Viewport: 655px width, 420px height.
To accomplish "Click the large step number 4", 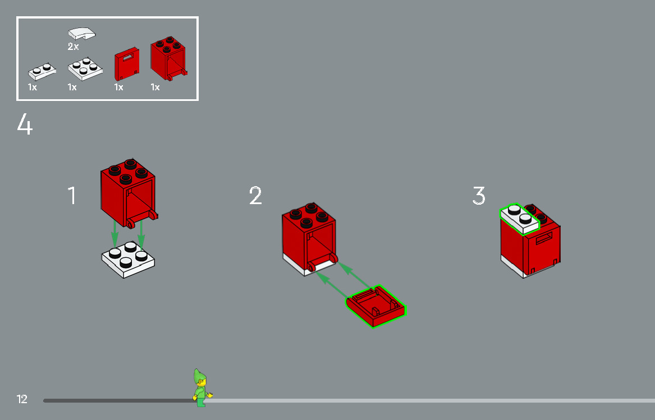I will pos(25,124).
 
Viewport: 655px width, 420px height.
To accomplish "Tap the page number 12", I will pos(22,399).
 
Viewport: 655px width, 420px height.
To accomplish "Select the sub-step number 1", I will pos(72,196).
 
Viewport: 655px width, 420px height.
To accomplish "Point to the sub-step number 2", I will pos(255,196).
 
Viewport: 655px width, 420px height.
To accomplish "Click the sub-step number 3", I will pos(478,196).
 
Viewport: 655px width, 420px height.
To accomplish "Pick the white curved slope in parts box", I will pos(81,33).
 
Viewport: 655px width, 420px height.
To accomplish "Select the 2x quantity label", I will pos(74,47).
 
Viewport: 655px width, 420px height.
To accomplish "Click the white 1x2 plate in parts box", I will pos(43,72).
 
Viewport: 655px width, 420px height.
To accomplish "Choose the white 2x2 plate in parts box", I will pos(85,68).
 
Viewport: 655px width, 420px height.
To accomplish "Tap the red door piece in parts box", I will pos(127,65).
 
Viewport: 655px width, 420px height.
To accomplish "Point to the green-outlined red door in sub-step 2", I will pos(375,306).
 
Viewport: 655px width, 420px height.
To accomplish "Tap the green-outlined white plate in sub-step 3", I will pos(520,219).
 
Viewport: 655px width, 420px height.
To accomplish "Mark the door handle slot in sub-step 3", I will pos(545,240).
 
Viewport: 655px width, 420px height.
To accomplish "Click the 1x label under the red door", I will pos(118,87).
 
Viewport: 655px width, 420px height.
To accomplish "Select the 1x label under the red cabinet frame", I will pos(155,87).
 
